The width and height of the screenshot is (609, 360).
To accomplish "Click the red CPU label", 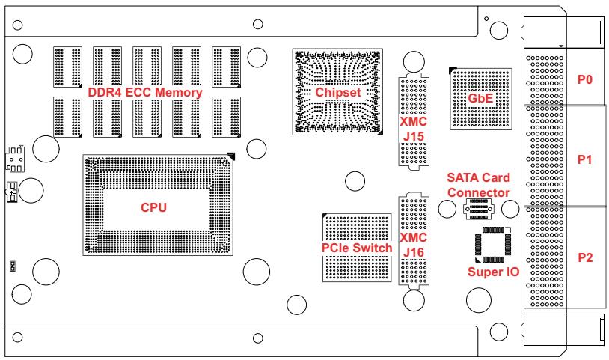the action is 153,207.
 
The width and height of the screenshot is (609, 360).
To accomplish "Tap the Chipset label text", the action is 338,92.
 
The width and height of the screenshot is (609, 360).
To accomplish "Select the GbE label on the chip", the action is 480,98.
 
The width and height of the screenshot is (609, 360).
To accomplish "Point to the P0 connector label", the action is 584,79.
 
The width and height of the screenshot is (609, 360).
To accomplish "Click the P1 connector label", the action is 584,159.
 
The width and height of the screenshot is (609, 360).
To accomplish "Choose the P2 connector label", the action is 585,257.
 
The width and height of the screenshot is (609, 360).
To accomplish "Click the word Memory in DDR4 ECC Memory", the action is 178,92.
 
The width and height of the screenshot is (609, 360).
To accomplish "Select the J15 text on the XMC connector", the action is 413,137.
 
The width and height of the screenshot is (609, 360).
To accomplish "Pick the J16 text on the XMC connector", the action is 413,253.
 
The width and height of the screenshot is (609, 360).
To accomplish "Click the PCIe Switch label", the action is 357,248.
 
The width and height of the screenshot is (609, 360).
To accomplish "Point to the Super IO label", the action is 493,272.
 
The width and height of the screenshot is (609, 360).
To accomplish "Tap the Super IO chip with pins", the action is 493,245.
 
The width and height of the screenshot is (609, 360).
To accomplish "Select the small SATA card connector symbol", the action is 479,209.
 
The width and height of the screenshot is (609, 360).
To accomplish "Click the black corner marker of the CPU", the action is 232,156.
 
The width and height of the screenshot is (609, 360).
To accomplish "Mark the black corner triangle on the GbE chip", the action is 453,70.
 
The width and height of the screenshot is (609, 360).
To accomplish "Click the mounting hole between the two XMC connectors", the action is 355,181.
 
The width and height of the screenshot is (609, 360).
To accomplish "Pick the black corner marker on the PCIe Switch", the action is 325,215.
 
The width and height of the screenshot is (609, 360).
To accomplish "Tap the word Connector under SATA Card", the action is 479,192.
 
